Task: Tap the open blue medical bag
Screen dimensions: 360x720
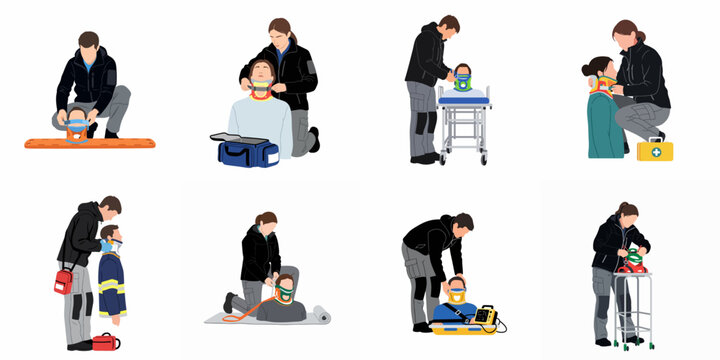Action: click(x=244, y=151)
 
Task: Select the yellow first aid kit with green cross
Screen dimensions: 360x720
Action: click(x=655, y=150)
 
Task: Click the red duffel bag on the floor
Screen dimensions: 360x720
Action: click(x=105, y=343)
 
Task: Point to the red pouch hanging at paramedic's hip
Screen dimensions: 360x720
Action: click(x=63, y=281)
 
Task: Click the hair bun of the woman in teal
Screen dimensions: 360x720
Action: click(x=586, y=71)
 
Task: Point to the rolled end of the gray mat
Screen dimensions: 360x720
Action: click(x=321, y=314)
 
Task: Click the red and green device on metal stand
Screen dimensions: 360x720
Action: click(x=630, y=263)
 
